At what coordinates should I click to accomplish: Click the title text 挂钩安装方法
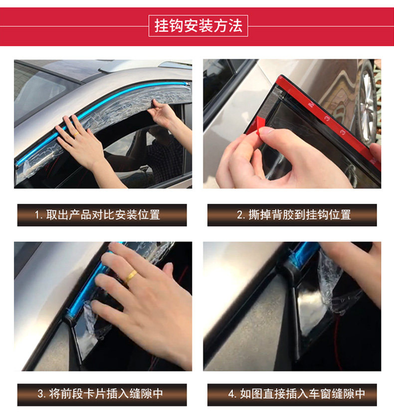click(x=198, y=26)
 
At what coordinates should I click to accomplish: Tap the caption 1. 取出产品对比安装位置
click(x=97, y=215)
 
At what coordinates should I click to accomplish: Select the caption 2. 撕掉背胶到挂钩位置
click(x=294, y=215)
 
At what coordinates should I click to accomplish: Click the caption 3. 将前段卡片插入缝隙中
click(x=100, y=394)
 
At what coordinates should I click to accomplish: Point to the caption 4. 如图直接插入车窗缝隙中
click(x=296, y=394)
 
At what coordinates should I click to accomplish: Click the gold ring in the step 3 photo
click(x=131, y=276)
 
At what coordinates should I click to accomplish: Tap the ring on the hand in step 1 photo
click(x=76, y=134)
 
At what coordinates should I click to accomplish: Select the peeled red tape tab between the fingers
click(x=259, y=126)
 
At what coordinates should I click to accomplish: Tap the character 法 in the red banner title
click(x=235, y=26)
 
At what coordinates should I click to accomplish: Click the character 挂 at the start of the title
click(x=162, y=26)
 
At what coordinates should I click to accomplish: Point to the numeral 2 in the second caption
click(x=239, y=215)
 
